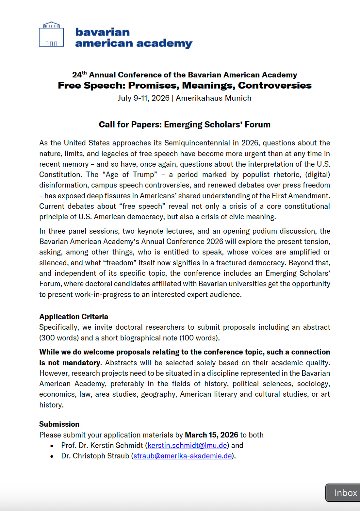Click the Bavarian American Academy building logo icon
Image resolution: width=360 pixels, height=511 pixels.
coord(51,35)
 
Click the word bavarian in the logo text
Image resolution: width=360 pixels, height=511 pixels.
coord(103,32)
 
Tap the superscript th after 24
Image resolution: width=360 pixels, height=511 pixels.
coord(84,73)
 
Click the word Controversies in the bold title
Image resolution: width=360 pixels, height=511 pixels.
coord(275,86)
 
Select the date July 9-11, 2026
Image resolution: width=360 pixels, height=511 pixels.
coord(144,98)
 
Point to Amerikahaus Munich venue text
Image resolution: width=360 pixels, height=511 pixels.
coord(214,98)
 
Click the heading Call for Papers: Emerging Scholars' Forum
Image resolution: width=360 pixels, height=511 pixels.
coord(185,124)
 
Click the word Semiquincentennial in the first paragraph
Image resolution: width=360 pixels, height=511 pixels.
coord(197,143)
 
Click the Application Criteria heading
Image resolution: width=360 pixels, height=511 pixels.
coord(74,317)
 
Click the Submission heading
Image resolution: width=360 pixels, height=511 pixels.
coord(59,424)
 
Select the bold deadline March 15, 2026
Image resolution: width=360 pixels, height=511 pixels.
coord(211,435)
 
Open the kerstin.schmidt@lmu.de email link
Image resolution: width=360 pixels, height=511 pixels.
coord(187,445)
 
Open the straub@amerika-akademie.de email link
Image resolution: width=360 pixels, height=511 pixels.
coord(183,456)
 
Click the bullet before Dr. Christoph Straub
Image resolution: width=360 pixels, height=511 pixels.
coord(52,456)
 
